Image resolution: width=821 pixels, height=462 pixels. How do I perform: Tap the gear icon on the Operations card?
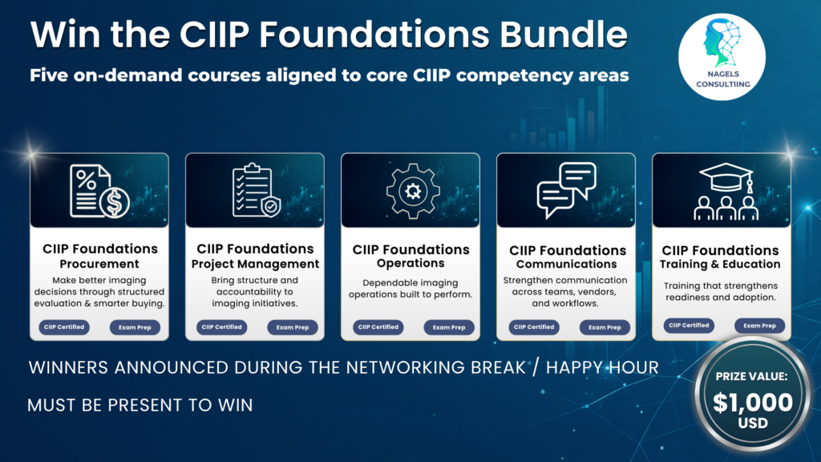(413, 191)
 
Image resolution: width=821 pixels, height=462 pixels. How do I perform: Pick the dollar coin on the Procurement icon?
(115, 203)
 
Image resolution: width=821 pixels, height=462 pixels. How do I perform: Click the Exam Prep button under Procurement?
(135, 327)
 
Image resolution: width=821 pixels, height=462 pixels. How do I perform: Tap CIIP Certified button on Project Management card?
(221, 327)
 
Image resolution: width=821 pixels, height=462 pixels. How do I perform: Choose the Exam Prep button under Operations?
(449, 327)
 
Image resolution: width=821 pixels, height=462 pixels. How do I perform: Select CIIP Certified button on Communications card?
(533, 327)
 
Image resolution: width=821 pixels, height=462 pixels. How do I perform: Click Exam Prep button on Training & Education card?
(759, 326)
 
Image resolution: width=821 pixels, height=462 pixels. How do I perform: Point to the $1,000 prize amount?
(753, 403)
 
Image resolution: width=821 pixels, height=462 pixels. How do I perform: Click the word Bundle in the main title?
(563, 34)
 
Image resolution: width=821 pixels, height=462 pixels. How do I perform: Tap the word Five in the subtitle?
(49, 75)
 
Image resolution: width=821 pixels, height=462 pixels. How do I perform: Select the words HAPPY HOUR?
(602, 367)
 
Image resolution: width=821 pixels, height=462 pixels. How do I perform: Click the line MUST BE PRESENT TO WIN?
(140, 405)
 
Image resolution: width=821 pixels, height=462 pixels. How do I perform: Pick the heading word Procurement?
(99, 263)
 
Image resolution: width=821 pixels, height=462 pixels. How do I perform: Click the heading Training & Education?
(720, 264)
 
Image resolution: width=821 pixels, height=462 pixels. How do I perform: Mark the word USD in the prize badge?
(753, 423)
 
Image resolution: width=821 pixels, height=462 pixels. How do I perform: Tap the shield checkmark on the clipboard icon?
(271, 207)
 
